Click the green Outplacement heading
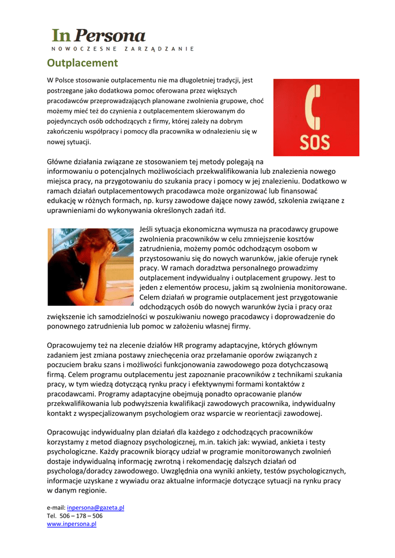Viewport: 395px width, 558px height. (x=82, y=63)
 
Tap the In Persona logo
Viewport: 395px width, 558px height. (x=99, y=36)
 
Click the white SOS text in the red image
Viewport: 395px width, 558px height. (x=315, y=142)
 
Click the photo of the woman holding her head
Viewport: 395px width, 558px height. (x=90, y=266)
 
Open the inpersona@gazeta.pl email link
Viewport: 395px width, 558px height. (x=95, y=507)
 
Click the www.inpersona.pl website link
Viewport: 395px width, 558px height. (x=71, y=524)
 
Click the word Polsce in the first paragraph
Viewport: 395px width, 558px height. (x=68, y=80)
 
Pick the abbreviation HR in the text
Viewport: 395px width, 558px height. (x=181, y=345)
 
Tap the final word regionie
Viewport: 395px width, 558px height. (x=92, y=490)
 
